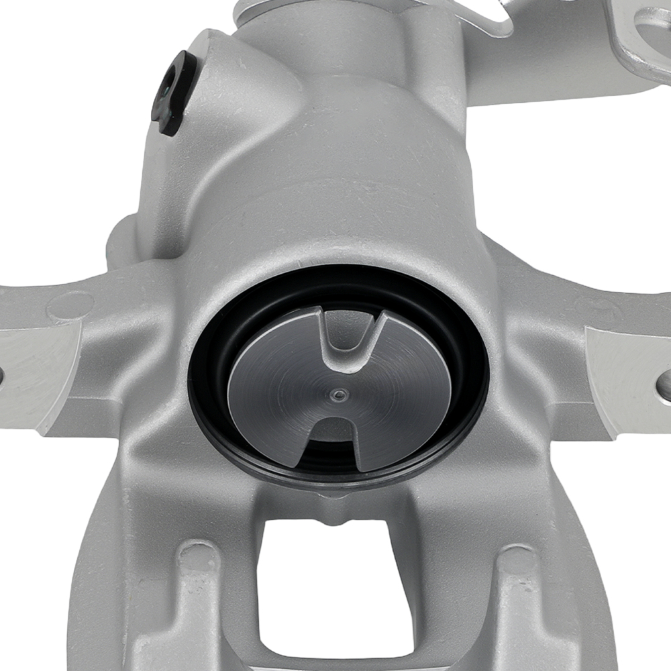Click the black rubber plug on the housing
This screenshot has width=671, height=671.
[172, 94]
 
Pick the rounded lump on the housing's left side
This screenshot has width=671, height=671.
[124, 242]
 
